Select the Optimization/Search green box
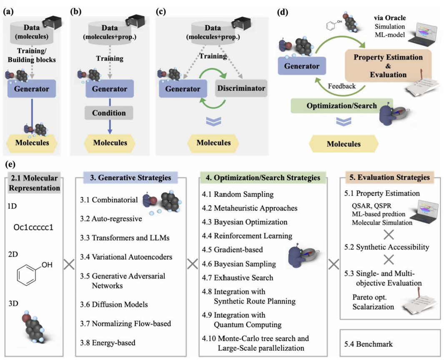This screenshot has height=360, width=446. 340,106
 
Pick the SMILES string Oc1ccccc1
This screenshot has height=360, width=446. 35,228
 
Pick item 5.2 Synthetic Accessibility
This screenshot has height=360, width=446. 387,247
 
